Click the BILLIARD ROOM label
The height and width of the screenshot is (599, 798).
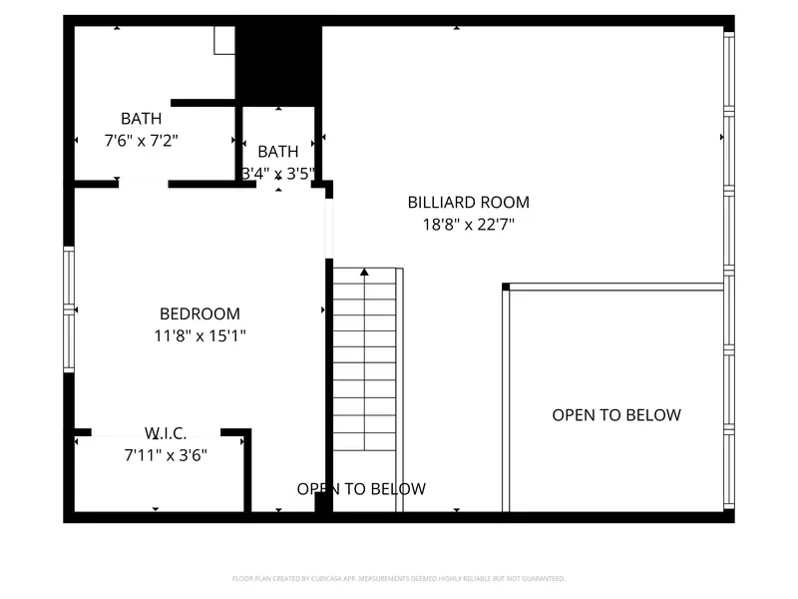468,203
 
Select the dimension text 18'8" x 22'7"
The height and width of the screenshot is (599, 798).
468,225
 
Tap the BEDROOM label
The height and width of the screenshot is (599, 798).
199,313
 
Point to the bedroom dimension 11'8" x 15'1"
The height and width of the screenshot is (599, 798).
199,336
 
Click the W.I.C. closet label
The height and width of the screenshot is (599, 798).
166,433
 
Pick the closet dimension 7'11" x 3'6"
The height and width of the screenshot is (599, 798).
166,455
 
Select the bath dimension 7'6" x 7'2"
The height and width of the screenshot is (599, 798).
142,141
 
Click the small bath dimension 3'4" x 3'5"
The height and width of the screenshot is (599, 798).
278,173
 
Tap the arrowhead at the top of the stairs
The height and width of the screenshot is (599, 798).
364,272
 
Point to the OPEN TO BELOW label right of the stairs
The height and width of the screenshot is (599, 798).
616,415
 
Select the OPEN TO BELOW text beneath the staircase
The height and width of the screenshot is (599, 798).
361,489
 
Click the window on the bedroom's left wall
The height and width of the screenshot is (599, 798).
69,309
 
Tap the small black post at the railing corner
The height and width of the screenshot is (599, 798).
506,288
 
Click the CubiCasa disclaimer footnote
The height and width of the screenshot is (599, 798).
399,578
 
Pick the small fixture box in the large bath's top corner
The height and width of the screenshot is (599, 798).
224,40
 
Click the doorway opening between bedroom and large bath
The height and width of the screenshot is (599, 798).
143,184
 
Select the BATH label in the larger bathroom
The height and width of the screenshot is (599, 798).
142,119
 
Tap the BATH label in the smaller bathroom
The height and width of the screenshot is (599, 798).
278,152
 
